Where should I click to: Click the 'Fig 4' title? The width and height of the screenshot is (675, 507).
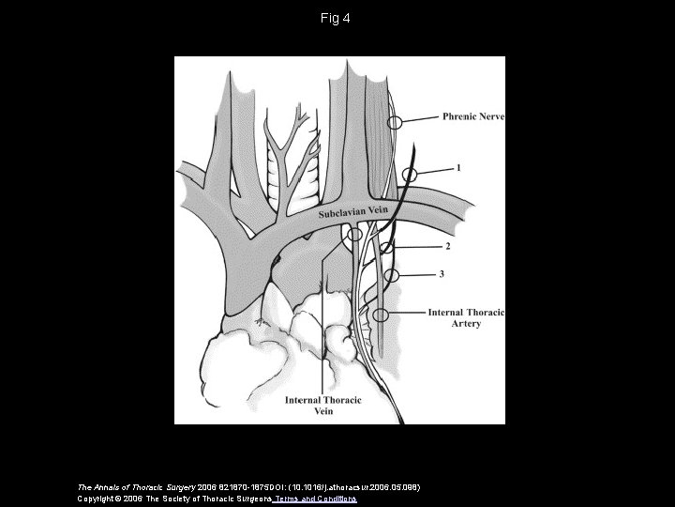(337, 17)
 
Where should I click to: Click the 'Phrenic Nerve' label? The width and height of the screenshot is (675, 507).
(472, 117)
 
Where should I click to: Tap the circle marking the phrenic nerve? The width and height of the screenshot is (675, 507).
(397, 122)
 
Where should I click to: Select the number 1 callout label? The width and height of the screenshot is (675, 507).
(458, 169)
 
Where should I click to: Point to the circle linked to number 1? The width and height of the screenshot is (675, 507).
(410, 175)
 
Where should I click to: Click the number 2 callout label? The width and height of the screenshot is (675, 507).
(447, 247)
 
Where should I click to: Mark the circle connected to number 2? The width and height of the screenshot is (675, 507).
(385, 248)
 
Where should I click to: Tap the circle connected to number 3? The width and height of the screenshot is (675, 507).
(392, 275)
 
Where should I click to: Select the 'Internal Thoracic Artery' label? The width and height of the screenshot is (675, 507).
(466, 317)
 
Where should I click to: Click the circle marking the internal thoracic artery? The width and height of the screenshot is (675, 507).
(380, 314)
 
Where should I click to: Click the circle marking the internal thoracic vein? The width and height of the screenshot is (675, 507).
(352, 236)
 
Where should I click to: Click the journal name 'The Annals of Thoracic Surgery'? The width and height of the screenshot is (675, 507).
(130, 486)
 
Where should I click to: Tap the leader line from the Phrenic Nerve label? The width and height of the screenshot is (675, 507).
(422, 119)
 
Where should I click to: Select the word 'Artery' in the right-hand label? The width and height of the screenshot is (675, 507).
(466, 324)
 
